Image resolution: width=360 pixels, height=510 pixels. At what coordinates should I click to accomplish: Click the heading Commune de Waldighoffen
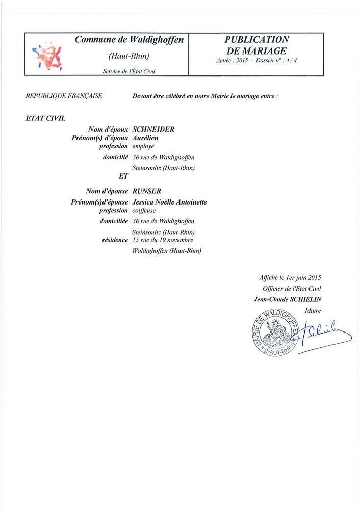point(128,40)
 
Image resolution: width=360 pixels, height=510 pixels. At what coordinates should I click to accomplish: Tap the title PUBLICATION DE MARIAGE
point(257,45)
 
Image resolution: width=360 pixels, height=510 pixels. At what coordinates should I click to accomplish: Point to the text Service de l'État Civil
point(128,72)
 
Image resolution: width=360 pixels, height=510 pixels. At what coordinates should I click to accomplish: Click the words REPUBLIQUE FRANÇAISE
point(64,96)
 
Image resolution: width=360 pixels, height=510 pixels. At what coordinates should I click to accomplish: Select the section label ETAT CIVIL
point(45,118)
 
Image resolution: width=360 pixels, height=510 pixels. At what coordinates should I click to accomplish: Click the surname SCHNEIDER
point(153,130)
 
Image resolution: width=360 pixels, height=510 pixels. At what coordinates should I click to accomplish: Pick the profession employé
point(143,146)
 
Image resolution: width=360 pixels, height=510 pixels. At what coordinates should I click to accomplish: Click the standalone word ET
point(122,176)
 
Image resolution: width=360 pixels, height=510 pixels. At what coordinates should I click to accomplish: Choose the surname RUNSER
point(147,191)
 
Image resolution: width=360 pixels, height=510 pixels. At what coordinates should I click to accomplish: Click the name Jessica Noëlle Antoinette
point(169,202)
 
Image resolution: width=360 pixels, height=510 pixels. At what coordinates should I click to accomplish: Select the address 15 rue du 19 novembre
point(163,240)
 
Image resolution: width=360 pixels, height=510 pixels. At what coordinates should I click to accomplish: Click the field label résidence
point(115,240)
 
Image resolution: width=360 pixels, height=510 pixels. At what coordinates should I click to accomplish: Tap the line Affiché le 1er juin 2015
point(290,278)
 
